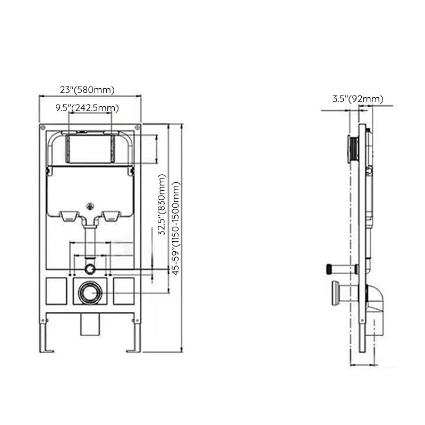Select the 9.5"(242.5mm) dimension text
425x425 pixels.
[87, 108]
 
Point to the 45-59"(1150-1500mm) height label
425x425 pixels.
[176, 228]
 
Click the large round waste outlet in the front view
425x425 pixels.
[89, 292]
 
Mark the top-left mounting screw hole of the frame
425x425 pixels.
[42, 127]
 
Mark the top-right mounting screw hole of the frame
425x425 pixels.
[138, 127]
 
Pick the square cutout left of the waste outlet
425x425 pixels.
[55, 291]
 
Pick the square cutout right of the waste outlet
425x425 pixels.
[123, 291]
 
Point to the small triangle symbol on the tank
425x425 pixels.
[89, 203]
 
